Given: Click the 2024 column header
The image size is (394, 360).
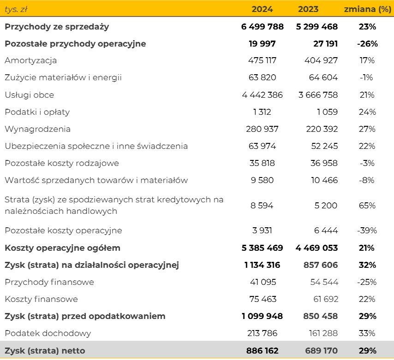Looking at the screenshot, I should [x=262, y=9].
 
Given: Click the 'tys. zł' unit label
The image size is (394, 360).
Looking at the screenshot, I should [x=16, y=9].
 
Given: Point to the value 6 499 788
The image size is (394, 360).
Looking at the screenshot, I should [x=262, y=27].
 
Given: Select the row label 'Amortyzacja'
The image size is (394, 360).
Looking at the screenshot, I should [x=31, y=60].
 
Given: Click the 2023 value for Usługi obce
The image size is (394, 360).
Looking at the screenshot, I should [x=318, y=95].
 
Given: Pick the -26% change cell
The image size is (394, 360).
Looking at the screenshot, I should [x=367, y=44].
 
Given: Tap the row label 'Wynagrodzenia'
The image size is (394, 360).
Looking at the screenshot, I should [x=38, y=129].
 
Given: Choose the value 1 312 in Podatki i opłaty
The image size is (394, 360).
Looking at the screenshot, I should [x=262, y=112].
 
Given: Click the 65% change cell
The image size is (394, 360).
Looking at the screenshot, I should [x=367, y=206].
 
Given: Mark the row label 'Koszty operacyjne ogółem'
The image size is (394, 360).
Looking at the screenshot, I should [x=62, y=248].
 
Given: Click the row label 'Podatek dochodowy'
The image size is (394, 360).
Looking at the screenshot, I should [x=48, y=333].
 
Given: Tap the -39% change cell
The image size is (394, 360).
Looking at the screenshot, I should [x=367, y=230].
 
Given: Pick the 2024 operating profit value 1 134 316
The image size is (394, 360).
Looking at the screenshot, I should [x=262, y=265].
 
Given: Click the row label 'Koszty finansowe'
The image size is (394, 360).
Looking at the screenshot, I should [x=42, y=299].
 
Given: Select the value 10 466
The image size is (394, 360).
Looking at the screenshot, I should [x=324, y=180].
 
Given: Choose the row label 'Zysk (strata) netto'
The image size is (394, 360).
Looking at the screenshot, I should [x=45, y=351].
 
